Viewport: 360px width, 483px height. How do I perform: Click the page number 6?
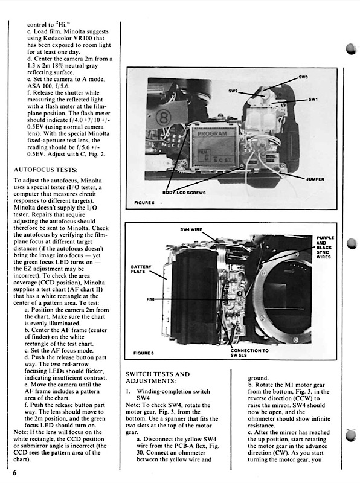14,473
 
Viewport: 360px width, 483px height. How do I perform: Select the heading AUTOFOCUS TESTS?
46,170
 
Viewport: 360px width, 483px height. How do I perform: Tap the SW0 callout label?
303,77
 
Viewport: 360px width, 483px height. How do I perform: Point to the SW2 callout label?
233,91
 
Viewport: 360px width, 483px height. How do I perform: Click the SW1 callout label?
313,99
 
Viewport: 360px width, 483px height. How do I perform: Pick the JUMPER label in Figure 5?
315,179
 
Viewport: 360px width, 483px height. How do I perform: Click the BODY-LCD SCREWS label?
184,193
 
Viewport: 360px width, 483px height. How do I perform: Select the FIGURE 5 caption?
144,203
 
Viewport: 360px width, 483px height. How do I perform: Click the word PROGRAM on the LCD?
212,133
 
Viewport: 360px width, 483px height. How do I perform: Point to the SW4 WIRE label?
191,229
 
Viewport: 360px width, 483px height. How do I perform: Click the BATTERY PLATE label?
141,269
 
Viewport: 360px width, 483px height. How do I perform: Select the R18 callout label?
150,299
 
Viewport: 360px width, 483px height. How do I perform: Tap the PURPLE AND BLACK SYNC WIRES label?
325,248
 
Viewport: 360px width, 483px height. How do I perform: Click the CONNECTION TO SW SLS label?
249,353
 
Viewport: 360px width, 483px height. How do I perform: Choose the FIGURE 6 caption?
144,353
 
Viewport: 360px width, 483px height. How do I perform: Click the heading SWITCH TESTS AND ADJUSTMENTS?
158,377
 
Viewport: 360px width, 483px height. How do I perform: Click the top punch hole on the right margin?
351,49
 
